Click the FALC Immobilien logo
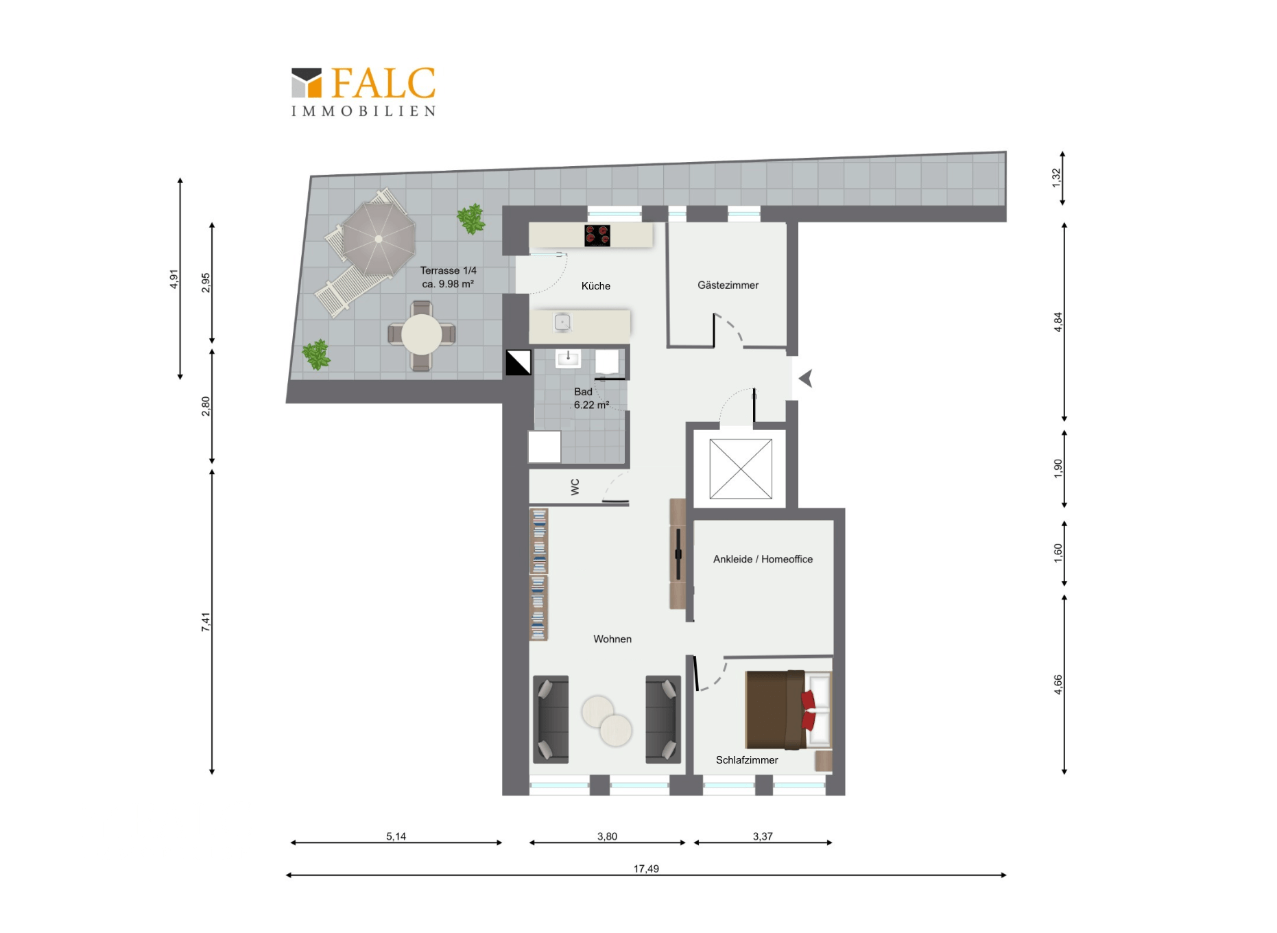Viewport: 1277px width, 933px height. (x=363, y=92)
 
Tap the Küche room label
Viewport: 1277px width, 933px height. (x=595, y=286)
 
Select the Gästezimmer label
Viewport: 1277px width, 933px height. (x=728, y=285)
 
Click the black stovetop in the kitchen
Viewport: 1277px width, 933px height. (x=597, y=235)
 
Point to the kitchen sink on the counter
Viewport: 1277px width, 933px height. (x=562, y=322)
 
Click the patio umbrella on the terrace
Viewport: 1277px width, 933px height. (x=379, y=239)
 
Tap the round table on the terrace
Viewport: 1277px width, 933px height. (x=421, y=334)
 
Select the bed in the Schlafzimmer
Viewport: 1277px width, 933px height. (x=788, y=709)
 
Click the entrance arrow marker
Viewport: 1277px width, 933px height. (x=807, y=378)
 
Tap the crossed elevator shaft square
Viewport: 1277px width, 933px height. (x=741, y=469)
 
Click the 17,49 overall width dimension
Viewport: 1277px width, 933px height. (x=646, y=869)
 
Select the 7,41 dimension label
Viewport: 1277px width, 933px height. (x=206, y=622)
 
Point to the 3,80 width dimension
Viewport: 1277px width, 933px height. (x=607, y=836)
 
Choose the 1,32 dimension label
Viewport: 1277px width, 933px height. (x=1056, y=178)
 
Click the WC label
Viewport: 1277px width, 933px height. (x=575, y=487)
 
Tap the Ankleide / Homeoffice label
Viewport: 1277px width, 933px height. (x=763, y=559)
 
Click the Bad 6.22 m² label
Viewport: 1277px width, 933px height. (x=591, y=399)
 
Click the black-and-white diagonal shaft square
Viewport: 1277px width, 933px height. (x=518, y=362)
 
